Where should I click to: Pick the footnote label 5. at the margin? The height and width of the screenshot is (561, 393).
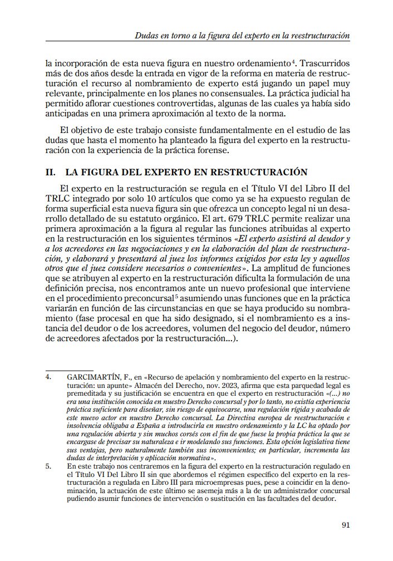(x=48, y=465)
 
